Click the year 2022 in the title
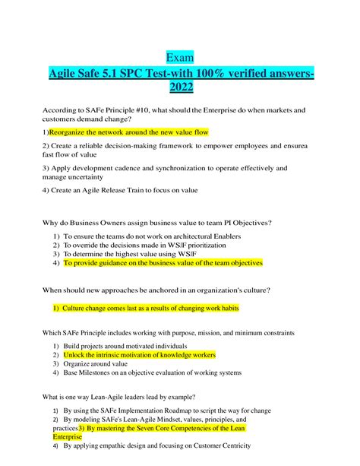click(x=180, y=88)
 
